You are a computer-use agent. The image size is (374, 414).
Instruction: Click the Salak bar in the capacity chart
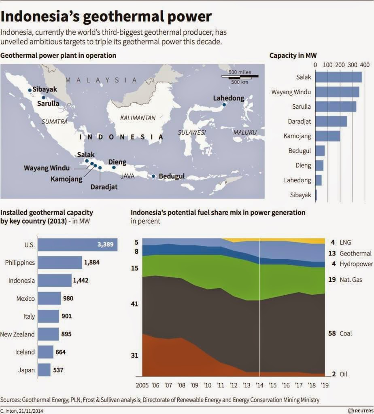coord(338,77)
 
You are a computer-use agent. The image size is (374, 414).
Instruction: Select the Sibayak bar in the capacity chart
coord(316,195)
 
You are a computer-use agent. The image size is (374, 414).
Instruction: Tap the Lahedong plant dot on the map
coord(224,105)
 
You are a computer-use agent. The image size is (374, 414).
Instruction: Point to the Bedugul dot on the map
coord(153,176)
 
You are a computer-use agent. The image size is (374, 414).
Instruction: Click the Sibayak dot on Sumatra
coord(30,90)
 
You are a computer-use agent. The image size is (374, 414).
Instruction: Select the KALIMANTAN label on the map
coord(138,118)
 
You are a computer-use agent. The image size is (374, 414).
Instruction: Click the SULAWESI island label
coord(191,132)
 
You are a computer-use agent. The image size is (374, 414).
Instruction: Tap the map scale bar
coord(240,77)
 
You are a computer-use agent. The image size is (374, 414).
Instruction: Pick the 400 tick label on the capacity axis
coord(365,65)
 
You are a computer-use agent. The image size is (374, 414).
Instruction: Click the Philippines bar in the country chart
coord(60,262)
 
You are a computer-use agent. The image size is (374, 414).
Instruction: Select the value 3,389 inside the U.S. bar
coord(105,245)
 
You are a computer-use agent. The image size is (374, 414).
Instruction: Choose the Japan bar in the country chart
coord(44,370)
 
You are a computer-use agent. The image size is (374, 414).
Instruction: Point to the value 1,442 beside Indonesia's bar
coord(81,281)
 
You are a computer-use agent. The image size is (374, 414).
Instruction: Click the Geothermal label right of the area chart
coord(355,253)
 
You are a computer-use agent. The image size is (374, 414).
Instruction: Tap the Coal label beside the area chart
coord(346,334)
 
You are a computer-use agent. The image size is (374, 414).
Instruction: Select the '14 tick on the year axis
coord(259,385)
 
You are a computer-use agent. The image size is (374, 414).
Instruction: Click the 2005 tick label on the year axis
coord(142,385)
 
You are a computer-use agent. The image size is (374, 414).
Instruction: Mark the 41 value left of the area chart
coord(134,304)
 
